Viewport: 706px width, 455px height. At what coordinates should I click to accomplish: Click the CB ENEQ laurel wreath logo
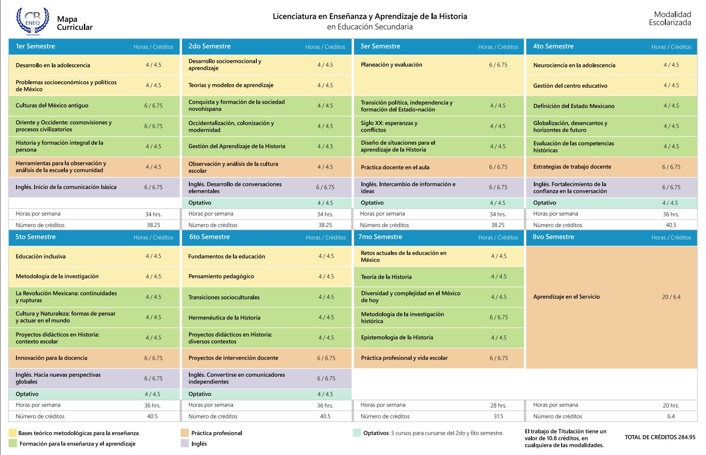pos(33,21)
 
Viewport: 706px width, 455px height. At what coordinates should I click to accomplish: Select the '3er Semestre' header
pos(380,46)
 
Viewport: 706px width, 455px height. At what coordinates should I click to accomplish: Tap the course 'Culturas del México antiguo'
pos(52,105)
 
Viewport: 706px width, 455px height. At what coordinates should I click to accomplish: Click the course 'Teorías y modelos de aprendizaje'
pos(231,85)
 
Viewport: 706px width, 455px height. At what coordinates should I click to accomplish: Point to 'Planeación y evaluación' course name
pos(391,65)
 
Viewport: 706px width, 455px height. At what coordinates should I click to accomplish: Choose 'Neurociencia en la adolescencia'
pos(574,65)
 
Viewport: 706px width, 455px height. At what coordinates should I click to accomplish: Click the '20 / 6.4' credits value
pos(671,297)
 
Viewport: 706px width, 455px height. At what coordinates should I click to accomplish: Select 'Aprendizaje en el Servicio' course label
pos(566,297)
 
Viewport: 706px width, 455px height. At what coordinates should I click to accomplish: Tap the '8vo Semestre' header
pos(553,237)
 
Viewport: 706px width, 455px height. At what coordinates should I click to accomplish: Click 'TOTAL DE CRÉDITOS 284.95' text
pos(660,437)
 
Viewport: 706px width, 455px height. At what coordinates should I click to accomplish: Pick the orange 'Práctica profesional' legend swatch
pos(185,433)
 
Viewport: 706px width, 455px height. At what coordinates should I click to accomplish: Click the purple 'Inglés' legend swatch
pos(185,443)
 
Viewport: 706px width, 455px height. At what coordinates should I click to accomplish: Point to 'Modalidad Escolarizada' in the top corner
pos(671,18)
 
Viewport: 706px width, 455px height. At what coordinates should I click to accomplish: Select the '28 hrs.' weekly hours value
pos(498,406)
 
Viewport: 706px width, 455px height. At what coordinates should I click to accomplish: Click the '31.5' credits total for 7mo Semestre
pos(498,417)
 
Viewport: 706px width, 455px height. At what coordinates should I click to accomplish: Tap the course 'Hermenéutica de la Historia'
pos(224,318)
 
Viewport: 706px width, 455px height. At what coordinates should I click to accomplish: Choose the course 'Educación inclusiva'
pos(41,257)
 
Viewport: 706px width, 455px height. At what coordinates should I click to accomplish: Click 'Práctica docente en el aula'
pos(395,167)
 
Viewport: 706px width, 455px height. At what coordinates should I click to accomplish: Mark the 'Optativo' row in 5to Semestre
pos(94,394)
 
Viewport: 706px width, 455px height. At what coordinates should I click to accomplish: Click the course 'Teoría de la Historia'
pos(387,277)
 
